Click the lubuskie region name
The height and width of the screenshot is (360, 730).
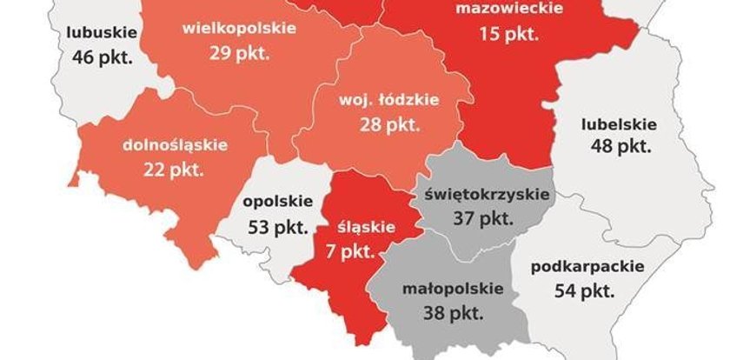[102, 34]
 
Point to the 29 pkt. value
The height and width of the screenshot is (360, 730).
[238, 52]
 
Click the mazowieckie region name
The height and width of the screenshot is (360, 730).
[509, 10]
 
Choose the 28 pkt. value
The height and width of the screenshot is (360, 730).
[388, 124]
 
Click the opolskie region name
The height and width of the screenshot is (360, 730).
[277, 202]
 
